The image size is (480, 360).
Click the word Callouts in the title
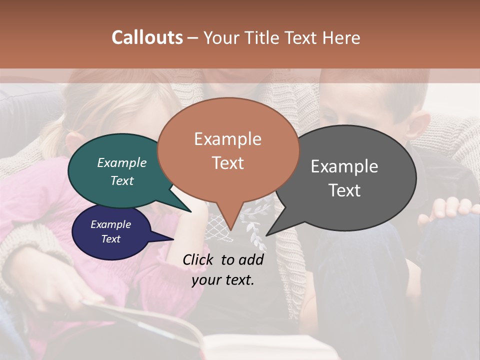click(x=147, y=37)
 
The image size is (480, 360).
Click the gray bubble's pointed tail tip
click(x=266, y=235)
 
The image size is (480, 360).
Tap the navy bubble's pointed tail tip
click(x=173, y=239)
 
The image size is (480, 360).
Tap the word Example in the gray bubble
click(x=344, y=166)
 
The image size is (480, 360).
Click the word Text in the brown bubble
click(x=228, y=163)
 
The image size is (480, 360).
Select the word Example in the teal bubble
click(x=121, y=163)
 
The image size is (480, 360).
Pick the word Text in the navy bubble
click(x=110, y=239)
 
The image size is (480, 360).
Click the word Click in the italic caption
click(x=199, y=259)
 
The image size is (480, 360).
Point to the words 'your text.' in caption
click(x=223, y=279)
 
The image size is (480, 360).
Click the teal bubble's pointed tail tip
click(x=190, y=212)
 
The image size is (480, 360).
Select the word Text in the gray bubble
click(x=344, y=190)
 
